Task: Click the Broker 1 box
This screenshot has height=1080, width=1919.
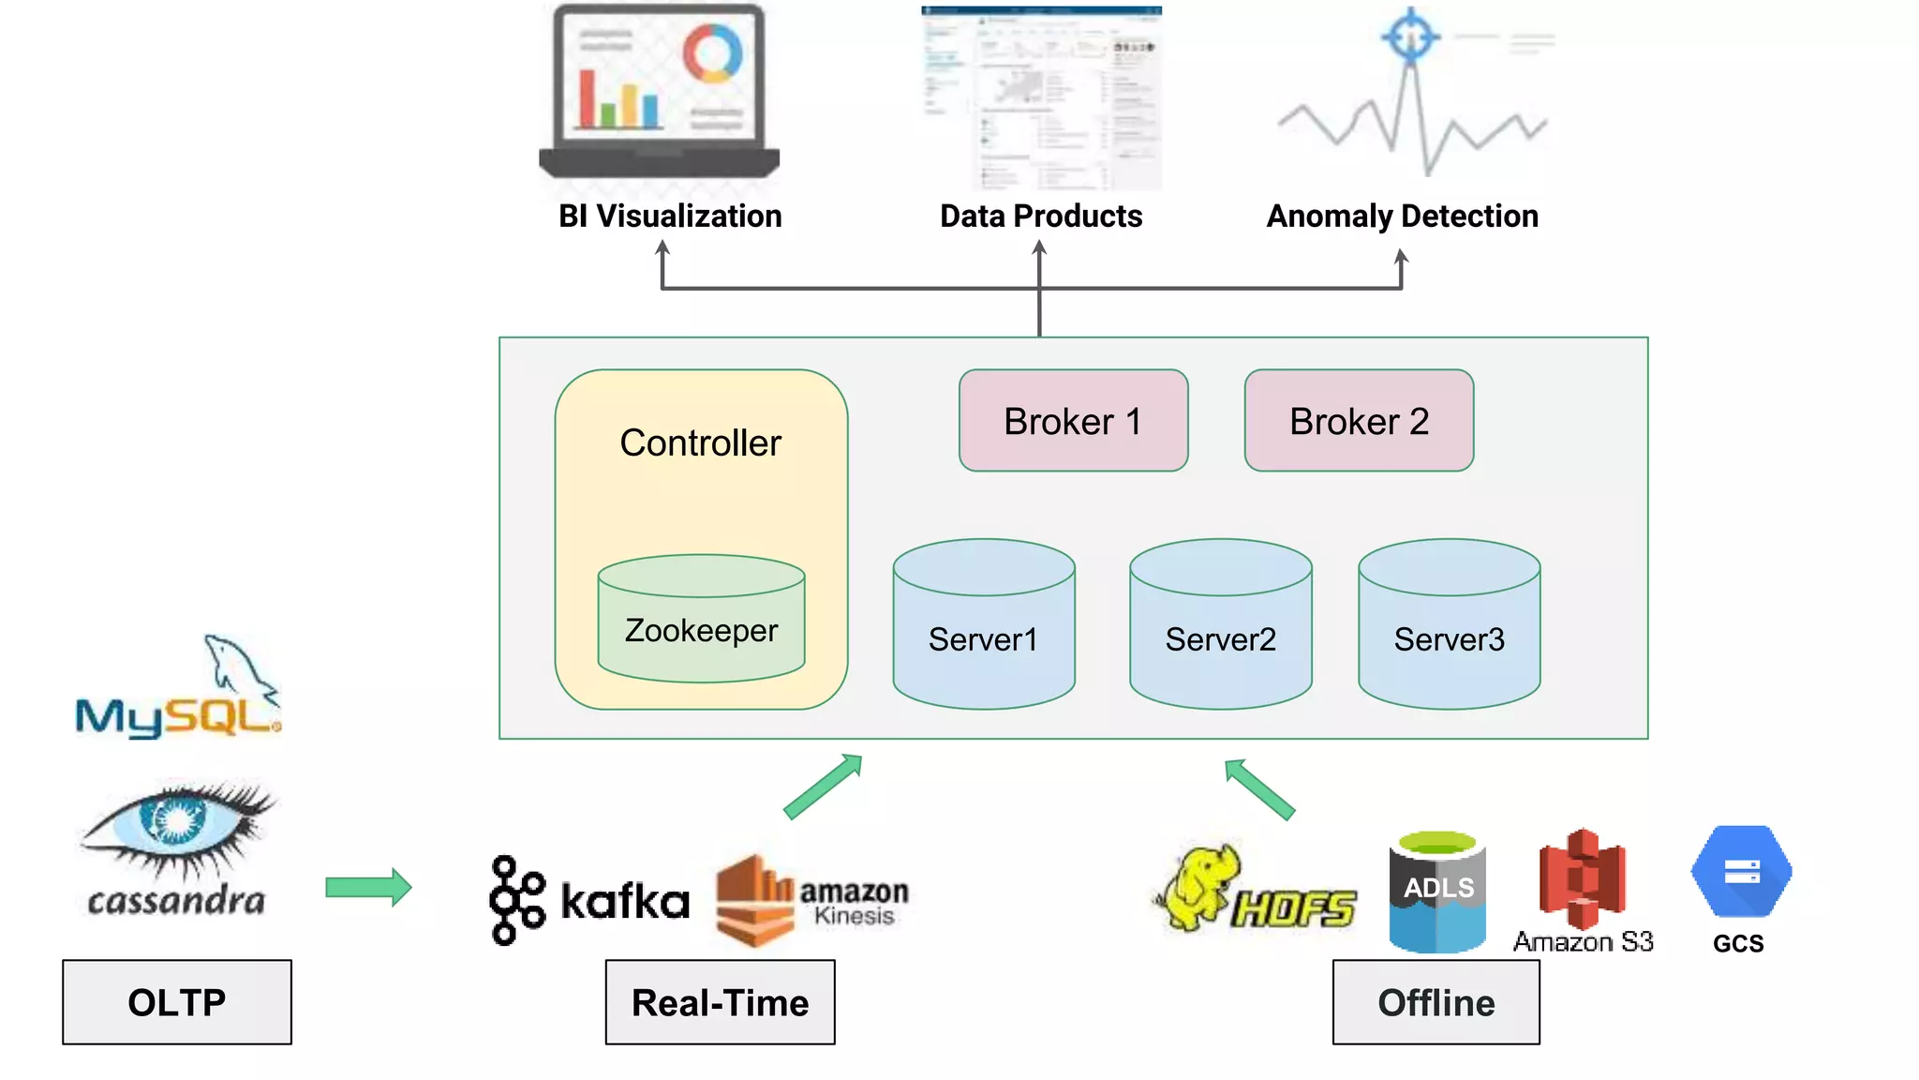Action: coord(1073,421)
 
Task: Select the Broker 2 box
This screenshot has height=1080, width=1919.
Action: coord(1359,421)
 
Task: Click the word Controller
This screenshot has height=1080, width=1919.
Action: coord(700,442)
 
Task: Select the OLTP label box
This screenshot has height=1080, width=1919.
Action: coord(177,1002)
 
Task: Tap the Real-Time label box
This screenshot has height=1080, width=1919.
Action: coord(720,1002)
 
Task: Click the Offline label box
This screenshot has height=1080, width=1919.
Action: coord(1436,1002)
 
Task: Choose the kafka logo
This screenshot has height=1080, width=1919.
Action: coord(588,900)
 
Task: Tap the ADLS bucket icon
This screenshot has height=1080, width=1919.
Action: coord(1437,892)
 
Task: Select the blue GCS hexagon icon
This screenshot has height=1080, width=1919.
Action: coord(1741,871)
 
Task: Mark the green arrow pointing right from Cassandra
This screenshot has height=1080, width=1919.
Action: coord(368,887)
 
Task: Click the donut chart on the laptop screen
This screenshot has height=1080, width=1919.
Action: coord(712,53)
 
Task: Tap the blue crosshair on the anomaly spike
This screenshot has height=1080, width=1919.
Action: coord(1410,37)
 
